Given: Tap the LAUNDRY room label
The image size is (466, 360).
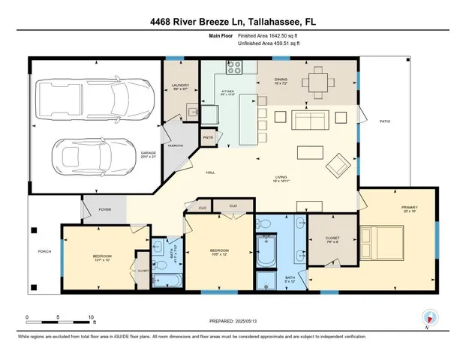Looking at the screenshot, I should tap(179, 87).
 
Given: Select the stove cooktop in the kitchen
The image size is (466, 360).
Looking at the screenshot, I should tap(233, 65).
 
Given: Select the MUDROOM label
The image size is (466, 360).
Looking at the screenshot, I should tap(176, 145).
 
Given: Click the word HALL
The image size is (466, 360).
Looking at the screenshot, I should tap(211, 173).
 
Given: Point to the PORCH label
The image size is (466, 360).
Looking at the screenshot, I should tap(44, 251).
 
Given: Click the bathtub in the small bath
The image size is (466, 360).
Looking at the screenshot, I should tap(170, 281).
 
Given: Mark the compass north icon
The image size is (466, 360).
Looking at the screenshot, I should tap(428, 317).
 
